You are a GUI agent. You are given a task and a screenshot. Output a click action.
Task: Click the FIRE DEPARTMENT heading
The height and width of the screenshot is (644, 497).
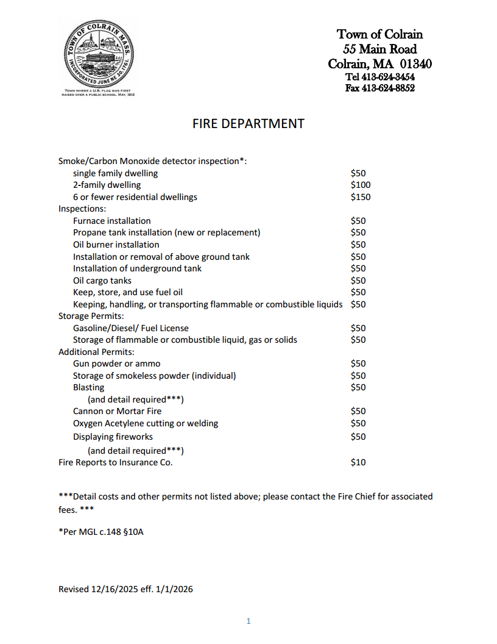point(248,124)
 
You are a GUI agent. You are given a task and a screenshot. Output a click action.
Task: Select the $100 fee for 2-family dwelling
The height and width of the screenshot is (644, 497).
point(361,185)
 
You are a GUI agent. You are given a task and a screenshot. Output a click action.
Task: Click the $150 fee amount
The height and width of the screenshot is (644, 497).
point(361,197)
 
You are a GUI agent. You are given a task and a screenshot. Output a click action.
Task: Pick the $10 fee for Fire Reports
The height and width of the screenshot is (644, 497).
point(358,462)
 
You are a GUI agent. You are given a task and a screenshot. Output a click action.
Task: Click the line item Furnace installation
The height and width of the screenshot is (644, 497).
point(112,221)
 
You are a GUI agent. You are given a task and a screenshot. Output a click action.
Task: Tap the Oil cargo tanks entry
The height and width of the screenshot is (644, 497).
point(102,281)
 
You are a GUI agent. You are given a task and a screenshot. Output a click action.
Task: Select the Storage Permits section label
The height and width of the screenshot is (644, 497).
point(91,316)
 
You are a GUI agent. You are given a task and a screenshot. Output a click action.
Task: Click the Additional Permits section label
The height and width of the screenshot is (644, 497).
point(96,352)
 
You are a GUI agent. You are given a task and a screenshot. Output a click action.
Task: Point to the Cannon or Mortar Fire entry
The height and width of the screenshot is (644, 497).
point(118,411)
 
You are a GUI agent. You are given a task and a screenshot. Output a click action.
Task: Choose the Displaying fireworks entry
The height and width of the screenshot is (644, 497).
point(113,437)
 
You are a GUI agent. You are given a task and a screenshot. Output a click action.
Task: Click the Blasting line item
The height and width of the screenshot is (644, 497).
point(89,387)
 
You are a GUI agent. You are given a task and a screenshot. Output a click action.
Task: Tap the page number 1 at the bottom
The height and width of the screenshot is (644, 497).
point(248,621)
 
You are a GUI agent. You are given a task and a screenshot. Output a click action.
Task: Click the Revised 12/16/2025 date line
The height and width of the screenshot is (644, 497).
point(125,589)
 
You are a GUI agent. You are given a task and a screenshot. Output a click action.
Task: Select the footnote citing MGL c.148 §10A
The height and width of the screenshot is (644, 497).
point(101,532)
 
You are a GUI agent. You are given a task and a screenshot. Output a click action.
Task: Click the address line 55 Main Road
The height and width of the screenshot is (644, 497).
point(379,49)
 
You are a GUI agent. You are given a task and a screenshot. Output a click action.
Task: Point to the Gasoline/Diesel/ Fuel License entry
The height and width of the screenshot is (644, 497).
point(131,328)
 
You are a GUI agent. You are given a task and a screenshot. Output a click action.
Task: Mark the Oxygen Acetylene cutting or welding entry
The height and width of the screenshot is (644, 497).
point(146,423)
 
